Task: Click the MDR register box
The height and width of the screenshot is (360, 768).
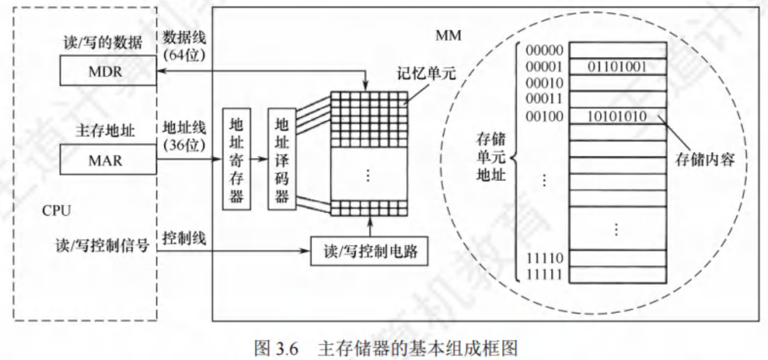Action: click(x=108, y=71)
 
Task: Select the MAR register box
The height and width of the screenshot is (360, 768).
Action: click(x=108, y=160)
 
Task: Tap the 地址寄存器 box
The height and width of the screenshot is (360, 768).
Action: click(x=236, y=159)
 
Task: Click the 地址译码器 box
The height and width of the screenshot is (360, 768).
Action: click(x=282, y=159)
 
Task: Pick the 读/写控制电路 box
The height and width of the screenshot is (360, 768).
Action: click(x=369, y=251)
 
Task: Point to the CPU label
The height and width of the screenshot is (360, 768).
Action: click(x=57, y=210)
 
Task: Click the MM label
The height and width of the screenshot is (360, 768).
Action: click(x=448, y=35)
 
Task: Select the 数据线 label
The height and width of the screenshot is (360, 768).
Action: click(x=184, y=37)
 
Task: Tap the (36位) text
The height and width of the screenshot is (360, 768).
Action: click(x=184, y=145)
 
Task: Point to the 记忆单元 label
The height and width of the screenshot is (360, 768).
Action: click(x=426, y=73)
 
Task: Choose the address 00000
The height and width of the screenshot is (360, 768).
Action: click(x=544, y=50)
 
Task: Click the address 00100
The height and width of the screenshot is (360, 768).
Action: click(x=544, y=117)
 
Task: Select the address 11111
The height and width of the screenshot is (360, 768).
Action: click(x=544, y=274)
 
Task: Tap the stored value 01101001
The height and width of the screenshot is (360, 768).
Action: click(x=617, y=67)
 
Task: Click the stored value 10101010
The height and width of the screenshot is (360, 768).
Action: click(x=617, y=117)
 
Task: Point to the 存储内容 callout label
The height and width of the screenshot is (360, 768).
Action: click(x=705, y=160)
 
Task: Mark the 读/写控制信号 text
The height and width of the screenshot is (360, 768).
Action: click(x=102, y=246)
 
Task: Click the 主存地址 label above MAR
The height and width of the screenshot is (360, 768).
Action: click(x=105, y=131)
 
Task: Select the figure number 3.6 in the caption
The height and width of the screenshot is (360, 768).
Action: click(x=287, y=349)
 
